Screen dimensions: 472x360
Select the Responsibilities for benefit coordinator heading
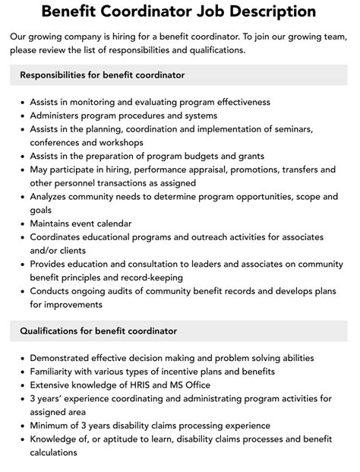pos(103,75)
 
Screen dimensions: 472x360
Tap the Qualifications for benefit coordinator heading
pos(98,331)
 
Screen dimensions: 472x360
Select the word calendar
pos(112,223)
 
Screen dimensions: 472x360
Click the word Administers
pos(61,116)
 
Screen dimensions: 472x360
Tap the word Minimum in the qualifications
pos(54,425)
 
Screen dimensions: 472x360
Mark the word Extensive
pos(54,384)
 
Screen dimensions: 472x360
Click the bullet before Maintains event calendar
pos(23,224)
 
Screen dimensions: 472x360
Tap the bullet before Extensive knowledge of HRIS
pos(23,385)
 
